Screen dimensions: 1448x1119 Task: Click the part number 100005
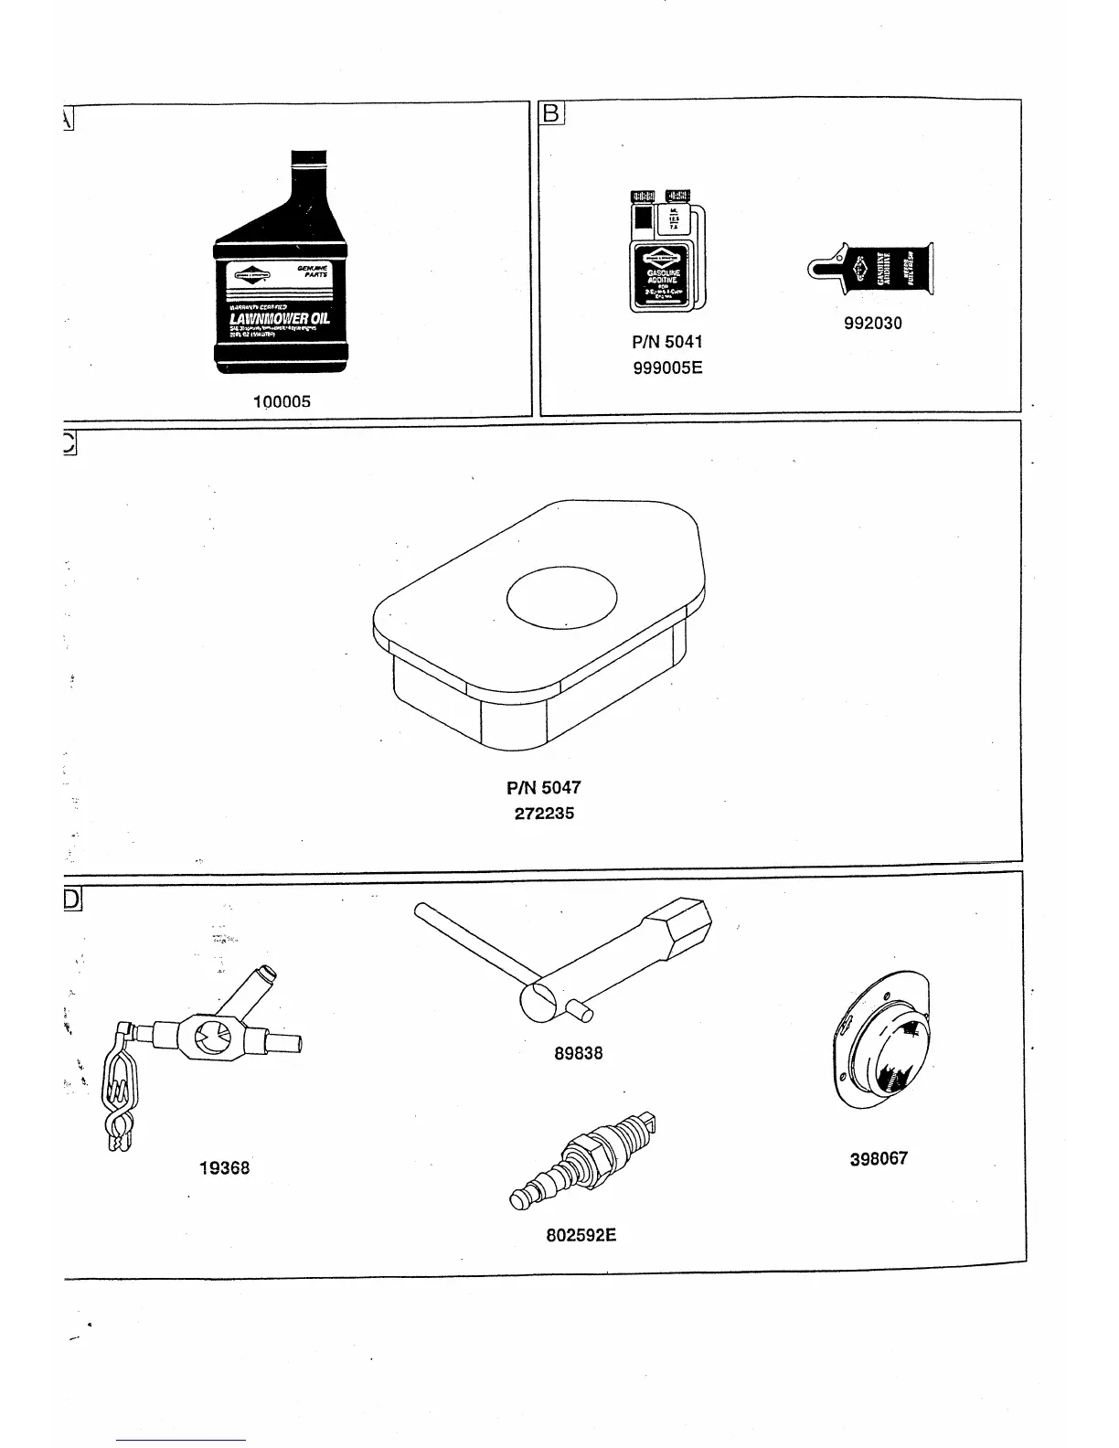(x=282, y=401)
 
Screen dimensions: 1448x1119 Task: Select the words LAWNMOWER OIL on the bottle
(x=280, y=319)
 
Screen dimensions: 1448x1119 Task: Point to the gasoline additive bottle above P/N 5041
(x=665, y=252)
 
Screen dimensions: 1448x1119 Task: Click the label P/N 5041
(x=667, y=343)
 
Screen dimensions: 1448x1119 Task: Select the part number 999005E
(x=667, y=368)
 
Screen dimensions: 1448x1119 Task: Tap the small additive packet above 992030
(x=873, y=269)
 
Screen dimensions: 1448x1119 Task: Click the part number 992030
(x=872, y=323)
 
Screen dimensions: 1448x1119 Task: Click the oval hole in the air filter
(x=561, y=599)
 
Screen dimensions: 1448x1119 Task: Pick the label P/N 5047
(x=544, y=787)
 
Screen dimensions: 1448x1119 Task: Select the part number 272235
(x=544, y=813)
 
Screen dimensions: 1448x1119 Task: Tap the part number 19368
(x=224, y=1167)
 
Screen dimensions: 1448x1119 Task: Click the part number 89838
(x=578, y=1053)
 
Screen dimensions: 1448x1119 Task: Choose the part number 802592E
(x=581, y=1235)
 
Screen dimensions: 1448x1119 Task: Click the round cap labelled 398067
(x=879, y=1042)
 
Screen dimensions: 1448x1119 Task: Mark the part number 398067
(x=879, y=1158)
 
